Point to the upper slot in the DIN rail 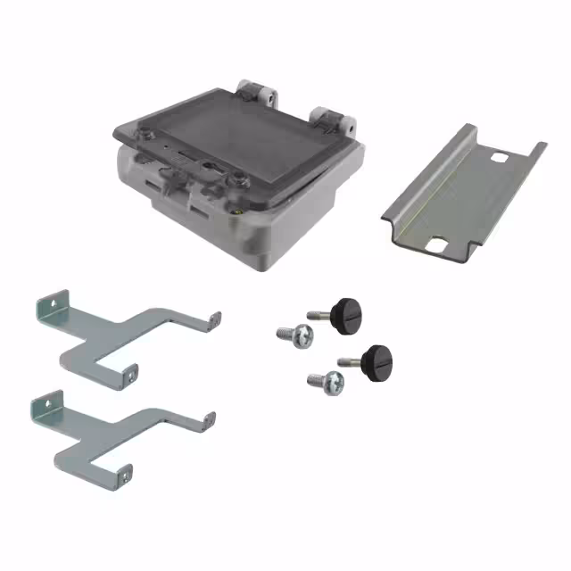coord(501,160)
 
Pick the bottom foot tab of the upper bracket coord(130,375)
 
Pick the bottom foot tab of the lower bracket coord(124,474)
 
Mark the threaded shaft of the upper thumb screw coord(318,314)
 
